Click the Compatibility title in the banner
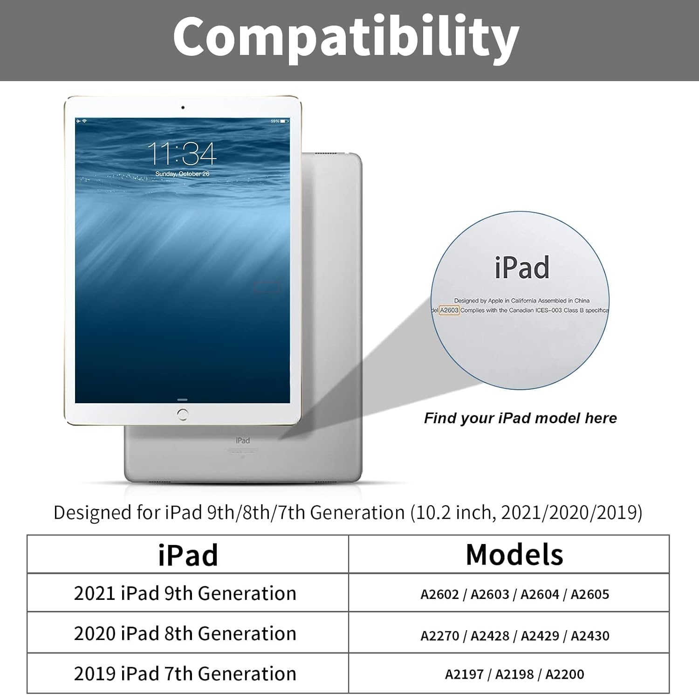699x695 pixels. click(x=346, y=37)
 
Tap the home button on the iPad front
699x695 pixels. click(x=183, y=414)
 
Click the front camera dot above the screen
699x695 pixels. click(x=183, y=108)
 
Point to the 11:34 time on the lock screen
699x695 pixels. click(x=182, y=153)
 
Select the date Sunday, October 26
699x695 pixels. click(x=182, y=174)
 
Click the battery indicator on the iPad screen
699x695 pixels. click(x=284, y=121)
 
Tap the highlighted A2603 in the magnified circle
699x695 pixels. click(x=449, y=310)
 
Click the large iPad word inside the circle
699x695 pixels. click(x=522, y=268)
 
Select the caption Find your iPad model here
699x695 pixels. click(x=520, y=418)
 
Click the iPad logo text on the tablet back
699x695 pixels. click(x=243, y=440)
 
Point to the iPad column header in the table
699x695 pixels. click(x=188, y=555)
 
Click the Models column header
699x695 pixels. click(x=514, y=555)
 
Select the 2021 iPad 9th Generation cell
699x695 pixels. click(x=185, y=593)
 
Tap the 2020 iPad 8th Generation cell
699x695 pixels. click(x=185, y=633)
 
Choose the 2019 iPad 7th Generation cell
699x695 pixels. click(x=185, y=674)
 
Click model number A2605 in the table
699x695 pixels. click(x=589, y=594)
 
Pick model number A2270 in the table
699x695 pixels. click(x=439, y=636)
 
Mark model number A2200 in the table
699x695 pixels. click(x=564, y=674)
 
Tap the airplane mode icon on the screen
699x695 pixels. click(x=78, y=121)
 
